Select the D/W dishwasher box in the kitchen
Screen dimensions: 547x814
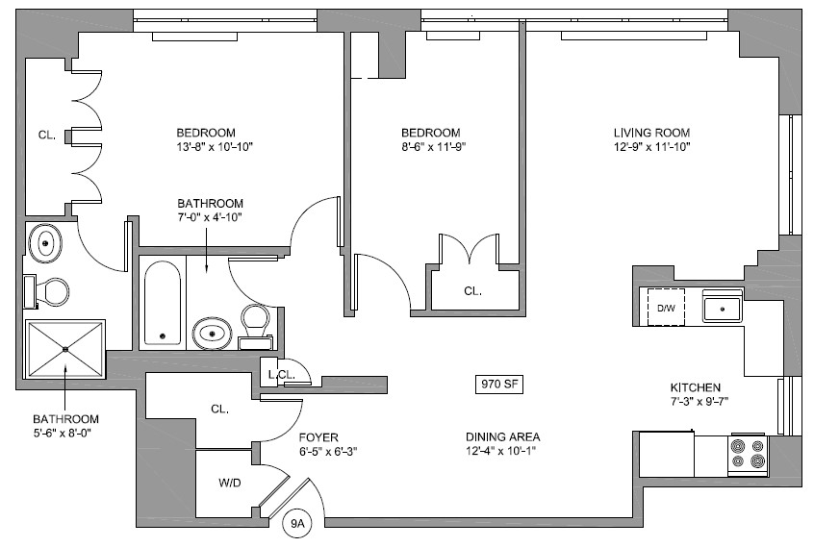tap(666, 309)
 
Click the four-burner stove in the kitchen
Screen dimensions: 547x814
tap(748, 454)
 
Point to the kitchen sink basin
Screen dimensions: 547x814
tap(721, 309)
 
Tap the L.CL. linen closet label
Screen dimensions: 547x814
tap(280, 374)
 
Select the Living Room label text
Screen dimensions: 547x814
tap(652, 133)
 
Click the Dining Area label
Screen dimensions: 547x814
tap(503, 435)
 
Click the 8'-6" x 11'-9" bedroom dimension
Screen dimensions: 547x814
tap(431, 146)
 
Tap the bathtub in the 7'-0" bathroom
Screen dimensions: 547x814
tap(163, 304)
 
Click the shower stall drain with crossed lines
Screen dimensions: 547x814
tap(64, 350)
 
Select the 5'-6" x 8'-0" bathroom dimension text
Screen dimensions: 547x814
tap(65, 434)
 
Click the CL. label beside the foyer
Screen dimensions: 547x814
tap(219, 409)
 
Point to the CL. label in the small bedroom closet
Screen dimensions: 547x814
tap(471, 290)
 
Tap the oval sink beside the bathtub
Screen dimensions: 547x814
tap(212, 334)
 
